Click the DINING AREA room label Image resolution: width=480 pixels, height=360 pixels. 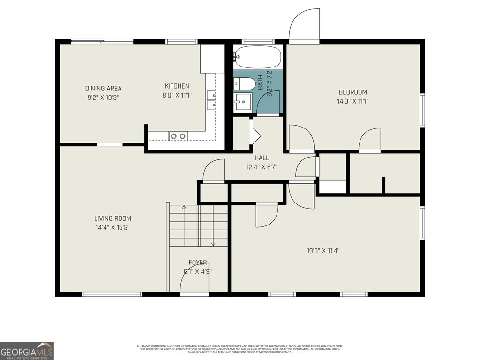[x=103, y=89]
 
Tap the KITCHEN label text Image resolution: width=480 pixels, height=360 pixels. [x=177, y=86]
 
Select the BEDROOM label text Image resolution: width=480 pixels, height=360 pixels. [x=352, y=92]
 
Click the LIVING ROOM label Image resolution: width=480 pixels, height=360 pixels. [x=112, y=218]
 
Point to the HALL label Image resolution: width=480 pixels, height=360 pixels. [x=262, y=158]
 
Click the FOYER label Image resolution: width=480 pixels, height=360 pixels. [x=198, y=262]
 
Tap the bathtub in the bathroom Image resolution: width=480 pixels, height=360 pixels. [x=258, y=57]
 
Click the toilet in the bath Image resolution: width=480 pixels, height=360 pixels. [x=245, y=84]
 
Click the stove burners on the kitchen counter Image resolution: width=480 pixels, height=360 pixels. [x=178, y=136]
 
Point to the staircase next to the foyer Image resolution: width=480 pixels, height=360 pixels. [x=198, y=225]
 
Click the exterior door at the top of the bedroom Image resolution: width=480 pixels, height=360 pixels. [x=304, y=26]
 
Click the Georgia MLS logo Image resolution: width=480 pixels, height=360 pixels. [x=27, y=351]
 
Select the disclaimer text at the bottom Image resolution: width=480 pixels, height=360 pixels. [x=240, y=349]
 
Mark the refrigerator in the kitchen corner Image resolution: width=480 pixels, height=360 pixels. [x=212, y=58]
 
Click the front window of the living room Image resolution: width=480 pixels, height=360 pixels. [x=112, y=294]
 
